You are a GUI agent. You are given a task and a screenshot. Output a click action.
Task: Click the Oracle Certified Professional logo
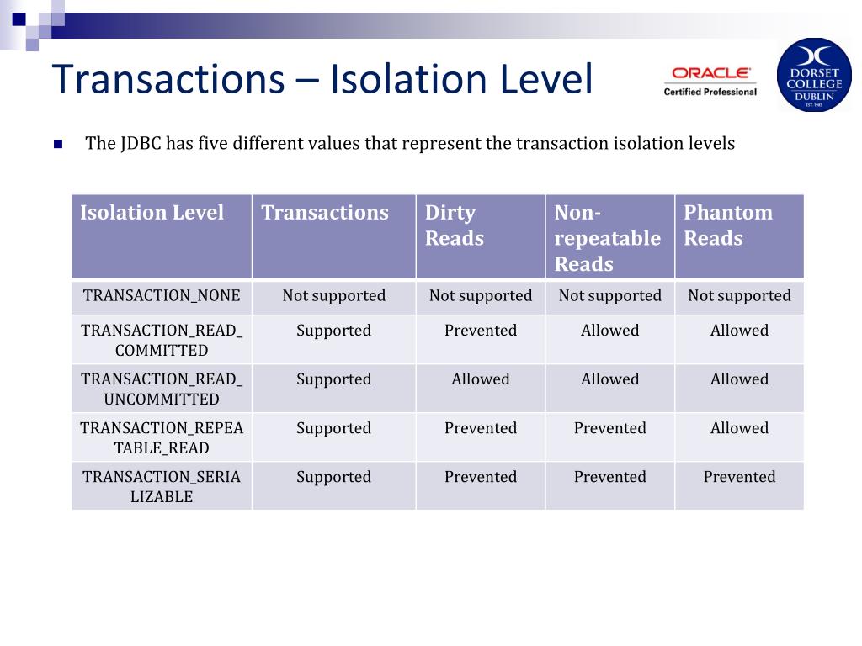[x=710, y=81]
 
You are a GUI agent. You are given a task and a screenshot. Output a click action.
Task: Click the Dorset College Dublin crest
[x=813, y=74]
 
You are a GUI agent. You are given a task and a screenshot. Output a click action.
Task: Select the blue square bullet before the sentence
[x=58, y=144]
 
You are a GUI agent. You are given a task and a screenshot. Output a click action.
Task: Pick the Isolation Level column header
[x=152, y=213]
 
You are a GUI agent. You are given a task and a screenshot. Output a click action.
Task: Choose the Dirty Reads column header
[x=454, y=225]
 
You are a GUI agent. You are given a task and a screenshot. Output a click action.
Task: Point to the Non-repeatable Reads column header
[x=607, y=238]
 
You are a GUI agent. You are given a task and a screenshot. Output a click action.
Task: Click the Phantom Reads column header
[x=727, y=225]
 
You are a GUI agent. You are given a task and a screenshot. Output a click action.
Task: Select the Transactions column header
[x=325, y=213]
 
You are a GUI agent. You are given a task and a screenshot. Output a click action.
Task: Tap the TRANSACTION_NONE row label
[x=162, y=295]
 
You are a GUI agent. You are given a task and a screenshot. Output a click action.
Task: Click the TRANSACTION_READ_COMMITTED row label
[x=162, y=340]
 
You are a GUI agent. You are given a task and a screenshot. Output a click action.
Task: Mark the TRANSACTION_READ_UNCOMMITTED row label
[x=162, y=389]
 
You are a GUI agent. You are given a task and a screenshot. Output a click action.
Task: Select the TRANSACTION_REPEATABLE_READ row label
[x=162, y=437]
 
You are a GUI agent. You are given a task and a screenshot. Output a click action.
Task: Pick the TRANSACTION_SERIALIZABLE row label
[x=162, y=486]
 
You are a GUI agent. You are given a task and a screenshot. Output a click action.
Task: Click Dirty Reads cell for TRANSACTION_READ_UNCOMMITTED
[x=480, y=379]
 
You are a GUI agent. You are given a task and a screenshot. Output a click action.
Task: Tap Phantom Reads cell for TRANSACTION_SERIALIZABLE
[x=739, y=477]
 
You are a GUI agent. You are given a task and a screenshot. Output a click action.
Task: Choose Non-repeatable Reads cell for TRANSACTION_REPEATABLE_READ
[x=609, y=428]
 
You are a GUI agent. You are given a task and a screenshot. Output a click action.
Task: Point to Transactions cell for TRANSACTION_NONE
[x=333, y=295]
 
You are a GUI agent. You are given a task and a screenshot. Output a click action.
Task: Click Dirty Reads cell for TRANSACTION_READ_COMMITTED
[x=480, y=331]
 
